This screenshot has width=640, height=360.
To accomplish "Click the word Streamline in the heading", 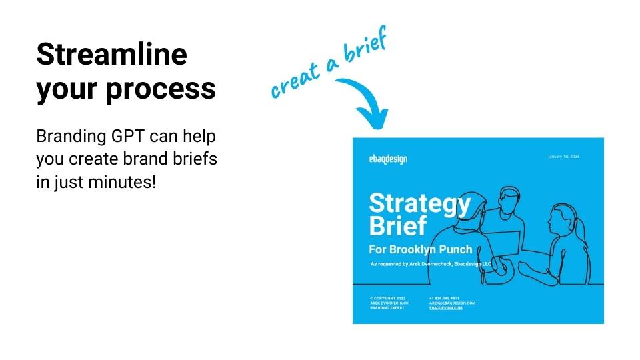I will [111, 54].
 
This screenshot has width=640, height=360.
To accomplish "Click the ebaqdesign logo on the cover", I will [387, 159].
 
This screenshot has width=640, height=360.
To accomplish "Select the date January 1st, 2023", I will [563, 157].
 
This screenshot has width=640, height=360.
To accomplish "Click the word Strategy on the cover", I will [419, 203].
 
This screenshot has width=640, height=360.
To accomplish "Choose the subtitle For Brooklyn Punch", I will [421, 249].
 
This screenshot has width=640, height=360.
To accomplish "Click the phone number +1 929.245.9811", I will [444, 297].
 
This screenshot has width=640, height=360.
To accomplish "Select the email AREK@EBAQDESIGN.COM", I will [452, 303].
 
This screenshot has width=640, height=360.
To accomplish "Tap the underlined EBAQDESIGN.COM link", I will [446, 308].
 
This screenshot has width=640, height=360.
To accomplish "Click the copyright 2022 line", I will [387, 297].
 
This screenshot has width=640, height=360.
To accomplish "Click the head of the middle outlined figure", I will [509, 196].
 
